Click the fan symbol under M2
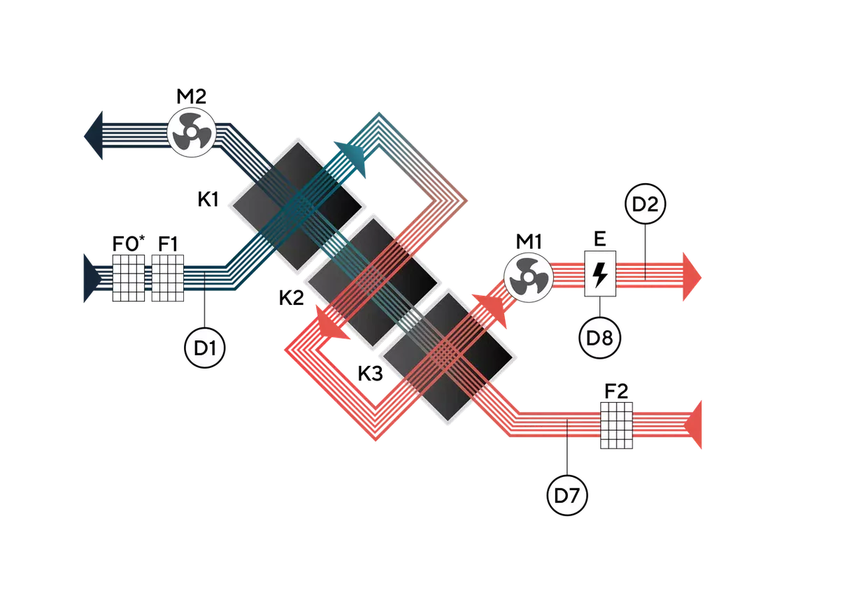click(x=192, y=132)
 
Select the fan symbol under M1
click(x=529, y=278)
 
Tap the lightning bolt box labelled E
click(x=600, y=273)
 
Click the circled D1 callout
click(x=204, y=348)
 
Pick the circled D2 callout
click(x=645, y=204)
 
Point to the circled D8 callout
click(x=599, y=338)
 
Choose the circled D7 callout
click(x=567, y=495)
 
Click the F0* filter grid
click(x=129, y=278)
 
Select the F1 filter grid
click(x=167, y=278)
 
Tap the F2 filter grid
click(x=616, y=425)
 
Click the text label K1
click(x=208, y=199)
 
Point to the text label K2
click(x=291, y=298)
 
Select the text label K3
click(x=371, y=373)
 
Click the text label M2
click(x=192, y=97)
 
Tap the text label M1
click(x=529, y=241)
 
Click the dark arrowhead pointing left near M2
click(x=94, y=135)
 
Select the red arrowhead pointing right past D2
click(x=692, y=277)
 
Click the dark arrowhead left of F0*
click(x=92, y=278)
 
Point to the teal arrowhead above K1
click(x=353, y=157)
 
